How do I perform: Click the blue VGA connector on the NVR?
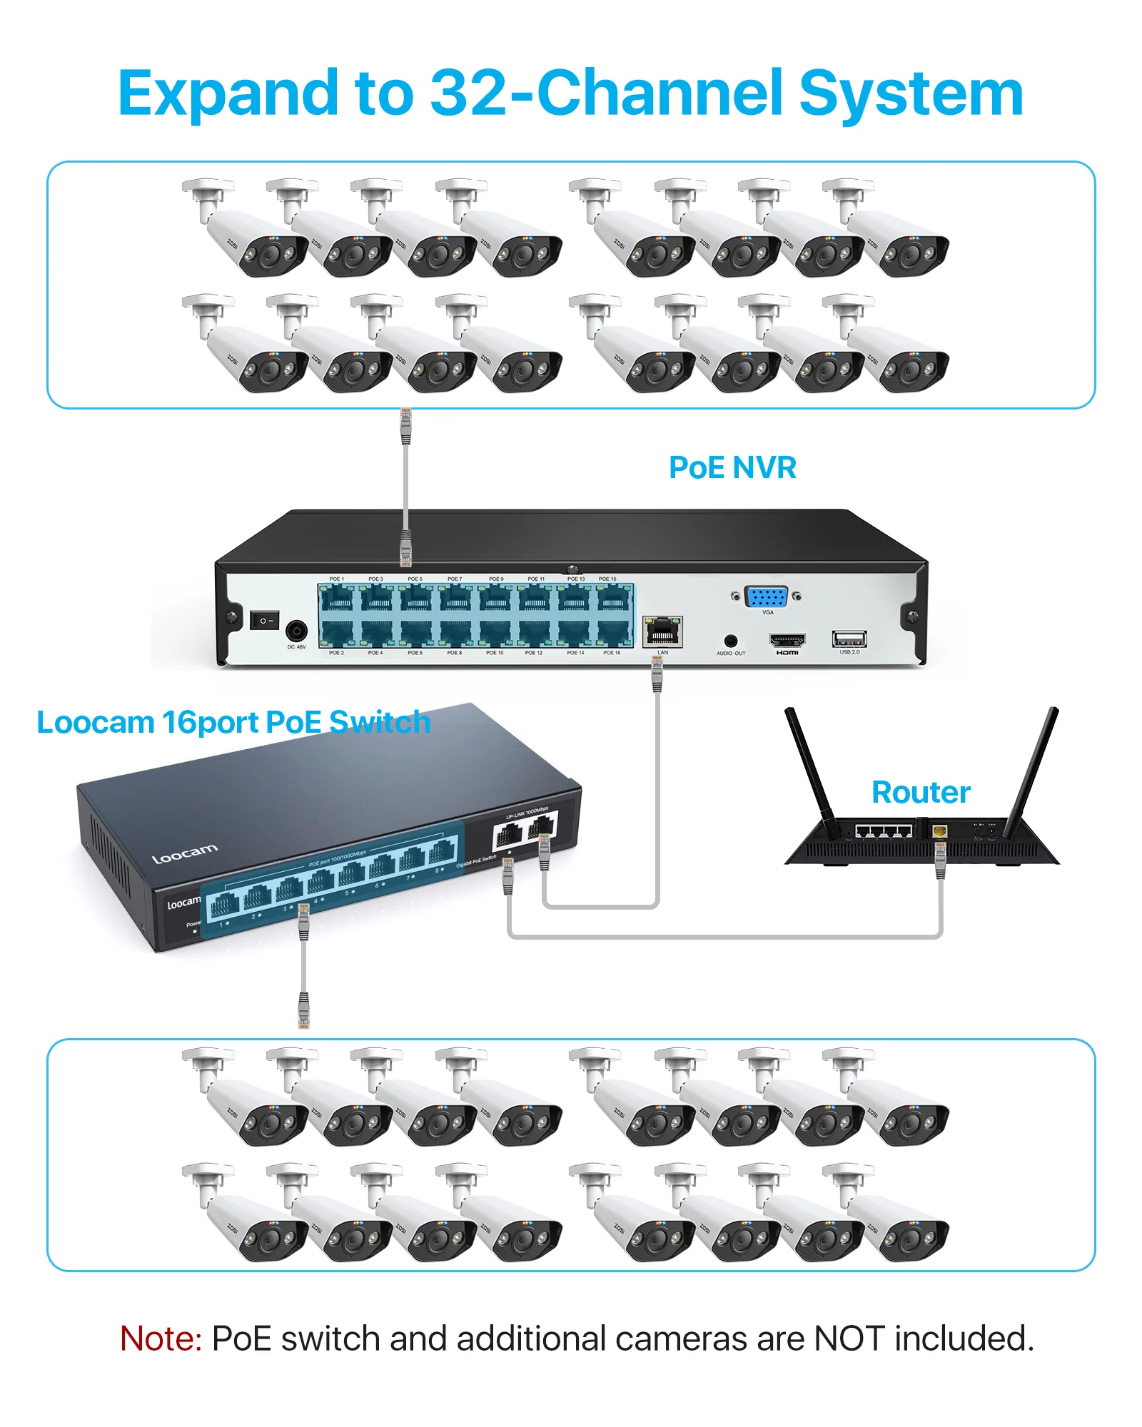click(x=766, y=596)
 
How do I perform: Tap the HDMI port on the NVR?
click(x=787, y=640)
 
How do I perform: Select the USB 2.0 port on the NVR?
click(x=849, y=639)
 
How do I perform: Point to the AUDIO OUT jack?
click(x=730, y=641)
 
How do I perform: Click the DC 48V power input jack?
click(x=296, y=631)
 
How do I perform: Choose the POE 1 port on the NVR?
click(x=337, y=598)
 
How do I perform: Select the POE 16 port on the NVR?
click(x=612, y=632)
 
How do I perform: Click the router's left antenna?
click(x=810, y=771)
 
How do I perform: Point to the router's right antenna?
click(x=1033, y=771)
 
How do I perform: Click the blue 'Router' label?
click(x=921, y=793)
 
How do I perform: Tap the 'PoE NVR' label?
click(x=732, y=468)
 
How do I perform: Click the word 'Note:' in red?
click(x=161, y=1339)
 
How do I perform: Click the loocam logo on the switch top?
click(x=185, y=853)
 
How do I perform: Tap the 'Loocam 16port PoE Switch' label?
click(x=233, y=723)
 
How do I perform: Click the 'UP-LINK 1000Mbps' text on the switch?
click(x=527, y=813)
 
